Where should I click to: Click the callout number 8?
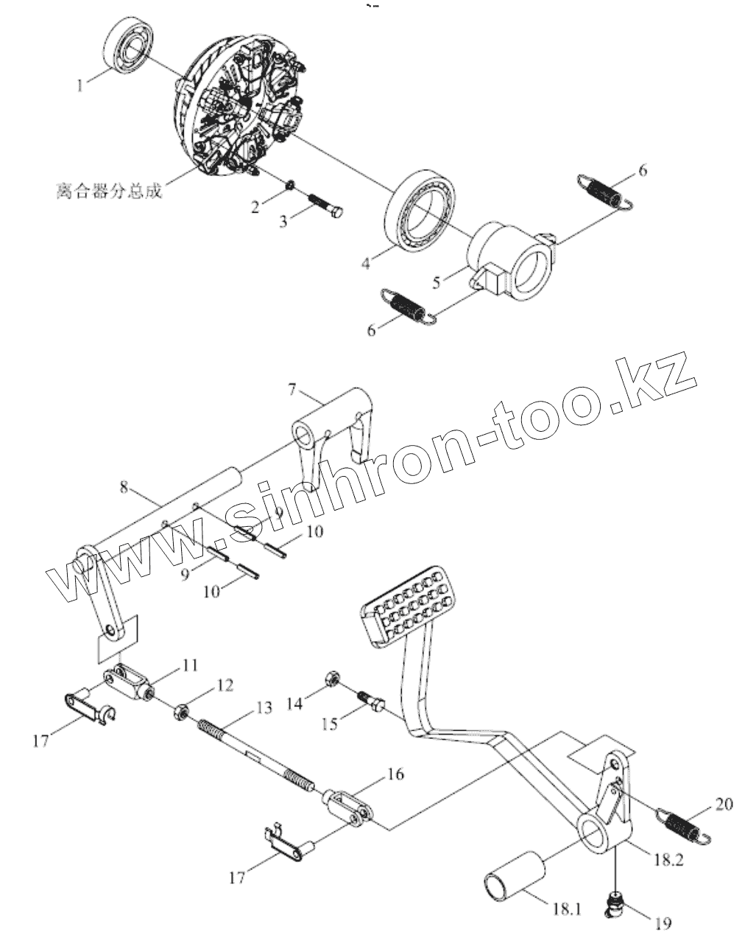point(124,487)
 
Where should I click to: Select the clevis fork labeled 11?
point(131,682)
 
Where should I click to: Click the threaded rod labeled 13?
point(258,752)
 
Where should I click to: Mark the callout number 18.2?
point(666,859)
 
